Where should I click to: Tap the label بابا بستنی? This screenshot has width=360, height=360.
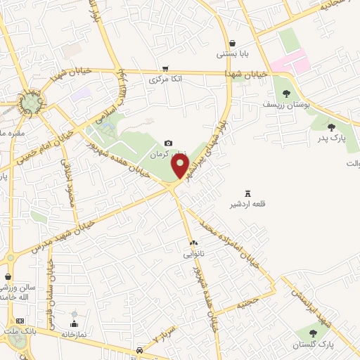(x=232, y=53)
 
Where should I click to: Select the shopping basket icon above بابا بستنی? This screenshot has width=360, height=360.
(x=232, y=42)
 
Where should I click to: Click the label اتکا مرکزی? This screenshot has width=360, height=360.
(x=166, y=80)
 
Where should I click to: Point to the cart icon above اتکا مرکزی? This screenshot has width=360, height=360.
(x=165, y=69)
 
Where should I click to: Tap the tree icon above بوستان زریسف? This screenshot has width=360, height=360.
(x=285, y=93)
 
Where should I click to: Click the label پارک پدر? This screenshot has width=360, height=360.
(x=331, y=138)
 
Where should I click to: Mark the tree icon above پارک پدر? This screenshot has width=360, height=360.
(x=331, y=127)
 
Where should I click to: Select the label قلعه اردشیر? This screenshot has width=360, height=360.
(x=247, y=205)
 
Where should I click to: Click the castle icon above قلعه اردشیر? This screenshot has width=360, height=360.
(x=247, y=193)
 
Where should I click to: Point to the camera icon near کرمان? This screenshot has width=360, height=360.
(x=168, y=143)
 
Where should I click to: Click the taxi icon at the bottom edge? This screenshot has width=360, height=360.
(x=140, y=350)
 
